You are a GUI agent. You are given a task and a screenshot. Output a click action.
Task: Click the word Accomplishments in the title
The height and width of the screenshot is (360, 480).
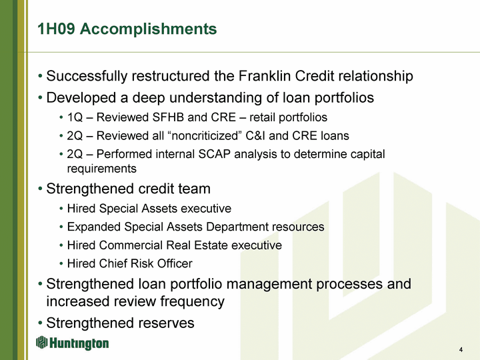click(148, 30)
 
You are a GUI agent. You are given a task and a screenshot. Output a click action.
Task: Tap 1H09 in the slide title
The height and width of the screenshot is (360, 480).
click(56, 29)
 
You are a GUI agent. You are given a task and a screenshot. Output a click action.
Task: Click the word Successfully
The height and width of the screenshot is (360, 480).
click(87, 77)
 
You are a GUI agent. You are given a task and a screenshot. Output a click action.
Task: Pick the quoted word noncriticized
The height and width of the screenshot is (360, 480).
click(205, 135)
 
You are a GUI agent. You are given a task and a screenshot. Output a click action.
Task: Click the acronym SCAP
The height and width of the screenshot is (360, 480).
click(214, 154)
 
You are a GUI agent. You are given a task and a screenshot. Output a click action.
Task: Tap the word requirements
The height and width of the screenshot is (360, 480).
click(101, 169)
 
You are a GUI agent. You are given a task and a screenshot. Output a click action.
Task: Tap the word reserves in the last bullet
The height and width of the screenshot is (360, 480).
click(167, 323)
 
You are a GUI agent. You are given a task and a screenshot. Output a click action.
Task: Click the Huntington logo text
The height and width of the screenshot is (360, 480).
click(79, 343)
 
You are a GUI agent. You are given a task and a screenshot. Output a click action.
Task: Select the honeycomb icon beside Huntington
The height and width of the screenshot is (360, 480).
click(41, 342)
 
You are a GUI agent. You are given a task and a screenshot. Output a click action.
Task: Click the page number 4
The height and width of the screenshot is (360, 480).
click(461, 349)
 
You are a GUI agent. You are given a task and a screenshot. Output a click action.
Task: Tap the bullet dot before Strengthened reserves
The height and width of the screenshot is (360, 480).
click(40, 323)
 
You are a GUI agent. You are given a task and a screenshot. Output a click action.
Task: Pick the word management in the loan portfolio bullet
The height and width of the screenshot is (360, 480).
click(269, 285)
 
